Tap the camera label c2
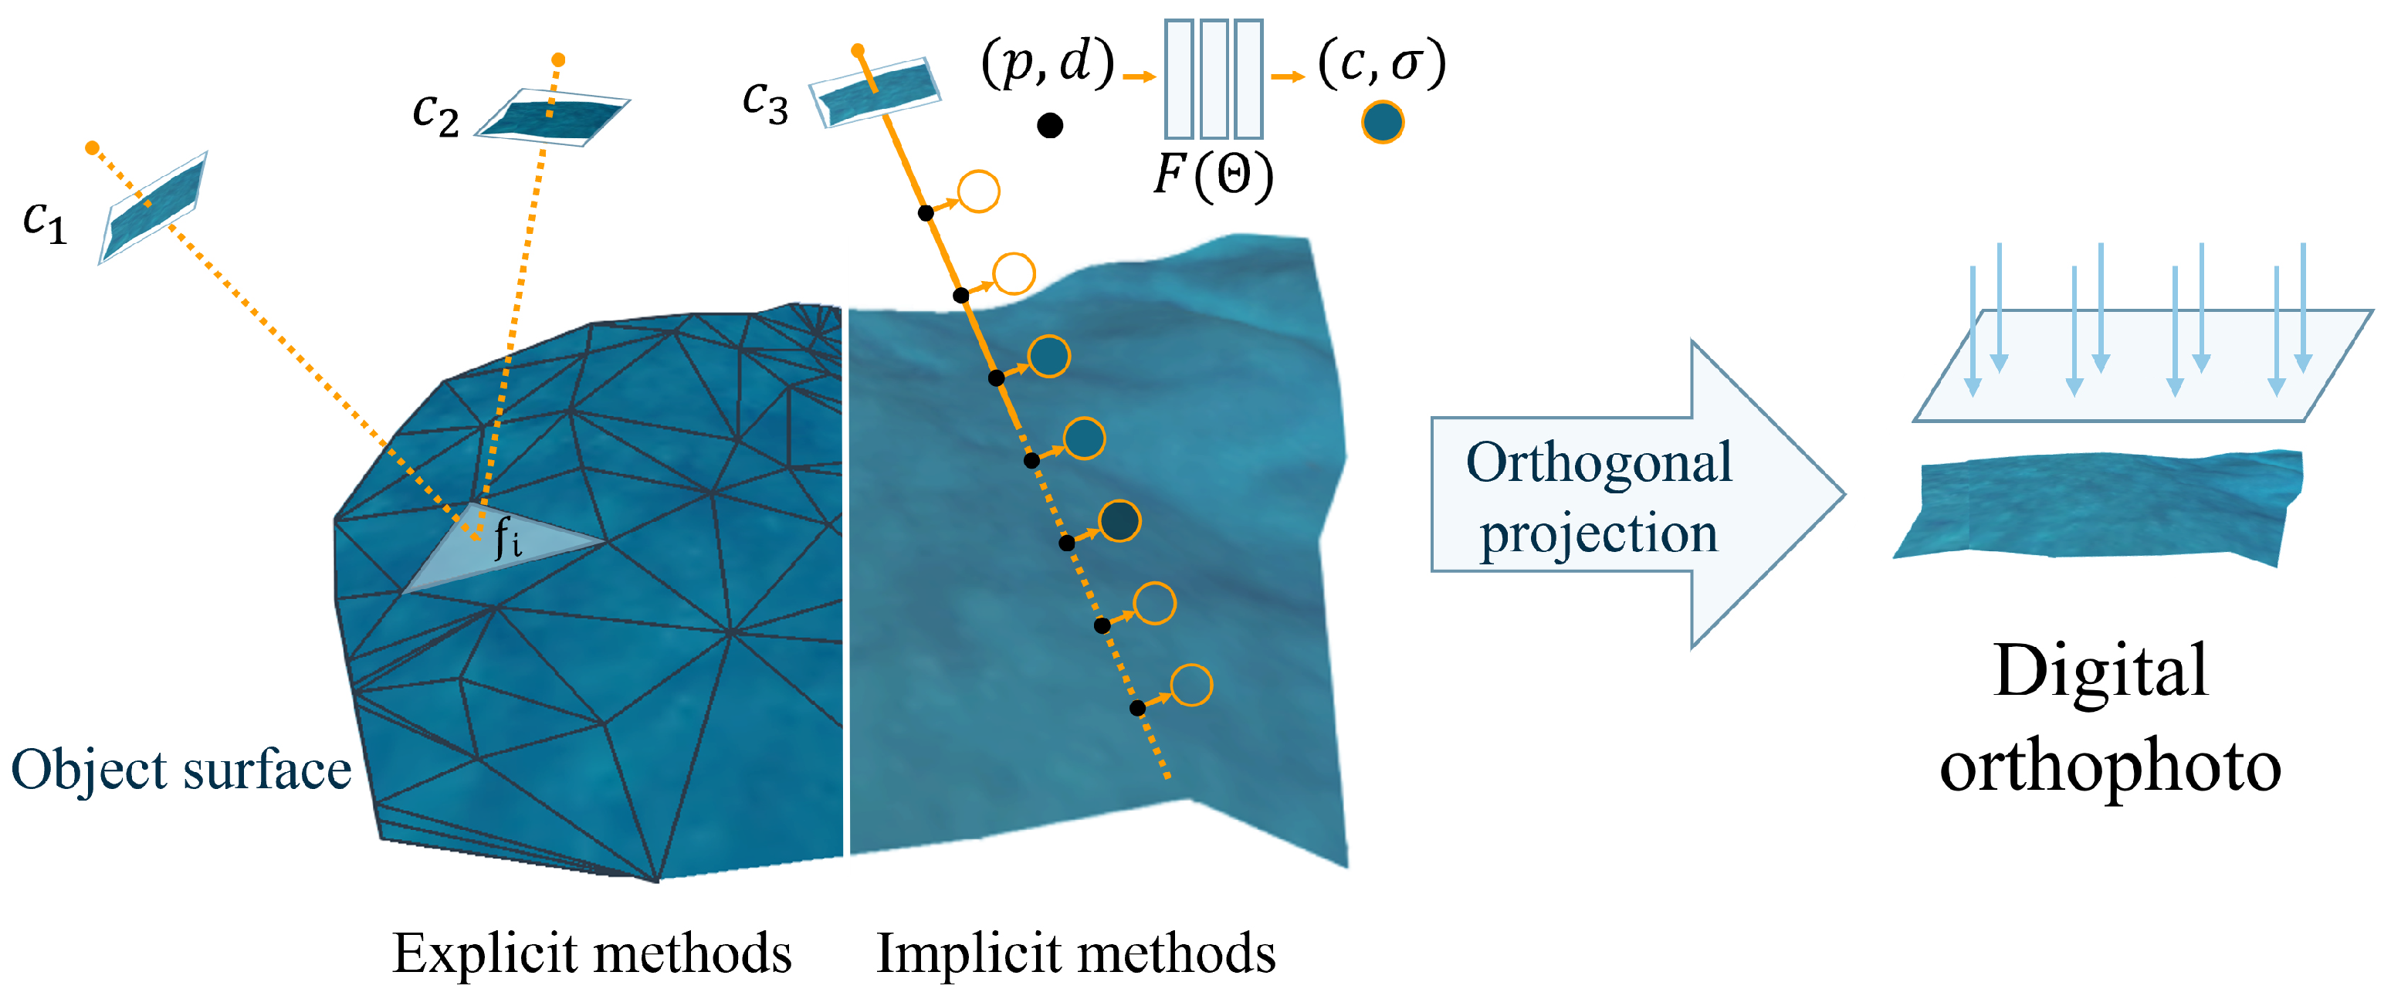(435, 115)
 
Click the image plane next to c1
(153, 208)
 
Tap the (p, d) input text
(1048, 63)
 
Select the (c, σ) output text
(1381, 63)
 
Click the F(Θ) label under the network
(1213, 174)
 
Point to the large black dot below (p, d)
(1050, 125)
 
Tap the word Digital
(2099, 670)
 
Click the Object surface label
(181, 770)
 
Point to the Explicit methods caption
(591, 954)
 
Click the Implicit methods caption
(1075, 954)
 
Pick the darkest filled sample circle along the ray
(1119, 521)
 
